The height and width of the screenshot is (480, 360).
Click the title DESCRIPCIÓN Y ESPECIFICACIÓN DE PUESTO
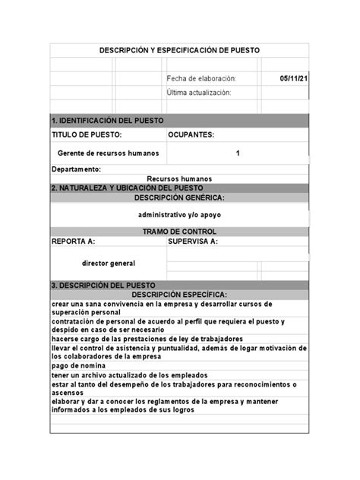coord(179,50)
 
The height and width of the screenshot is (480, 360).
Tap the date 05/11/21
coord(293,78)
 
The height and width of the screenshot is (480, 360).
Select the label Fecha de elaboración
coord(202,78)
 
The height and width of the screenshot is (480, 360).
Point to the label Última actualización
coord(199,93)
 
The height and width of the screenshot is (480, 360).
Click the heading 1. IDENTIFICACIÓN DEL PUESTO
coord(107,121)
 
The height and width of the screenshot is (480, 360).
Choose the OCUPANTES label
coord(191,134)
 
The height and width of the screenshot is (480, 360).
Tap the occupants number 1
coord(238,153)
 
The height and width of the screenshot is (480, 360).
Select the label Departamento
coord(76,169)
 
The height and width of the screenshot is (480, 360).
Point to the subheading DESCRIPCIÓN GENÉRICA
coord(179,197)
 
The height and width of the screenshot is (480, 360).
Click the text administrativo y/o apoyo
coord(179,215)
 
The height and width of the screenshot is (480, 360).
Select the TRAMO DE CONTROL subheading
coord(179,232)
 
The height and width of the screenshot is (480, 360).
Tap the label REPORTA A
coord(73,242)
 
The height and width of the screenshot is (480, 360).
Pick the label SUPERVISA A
coord(193,242)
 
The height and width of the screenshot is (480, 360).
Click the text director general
coord(109,263)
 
